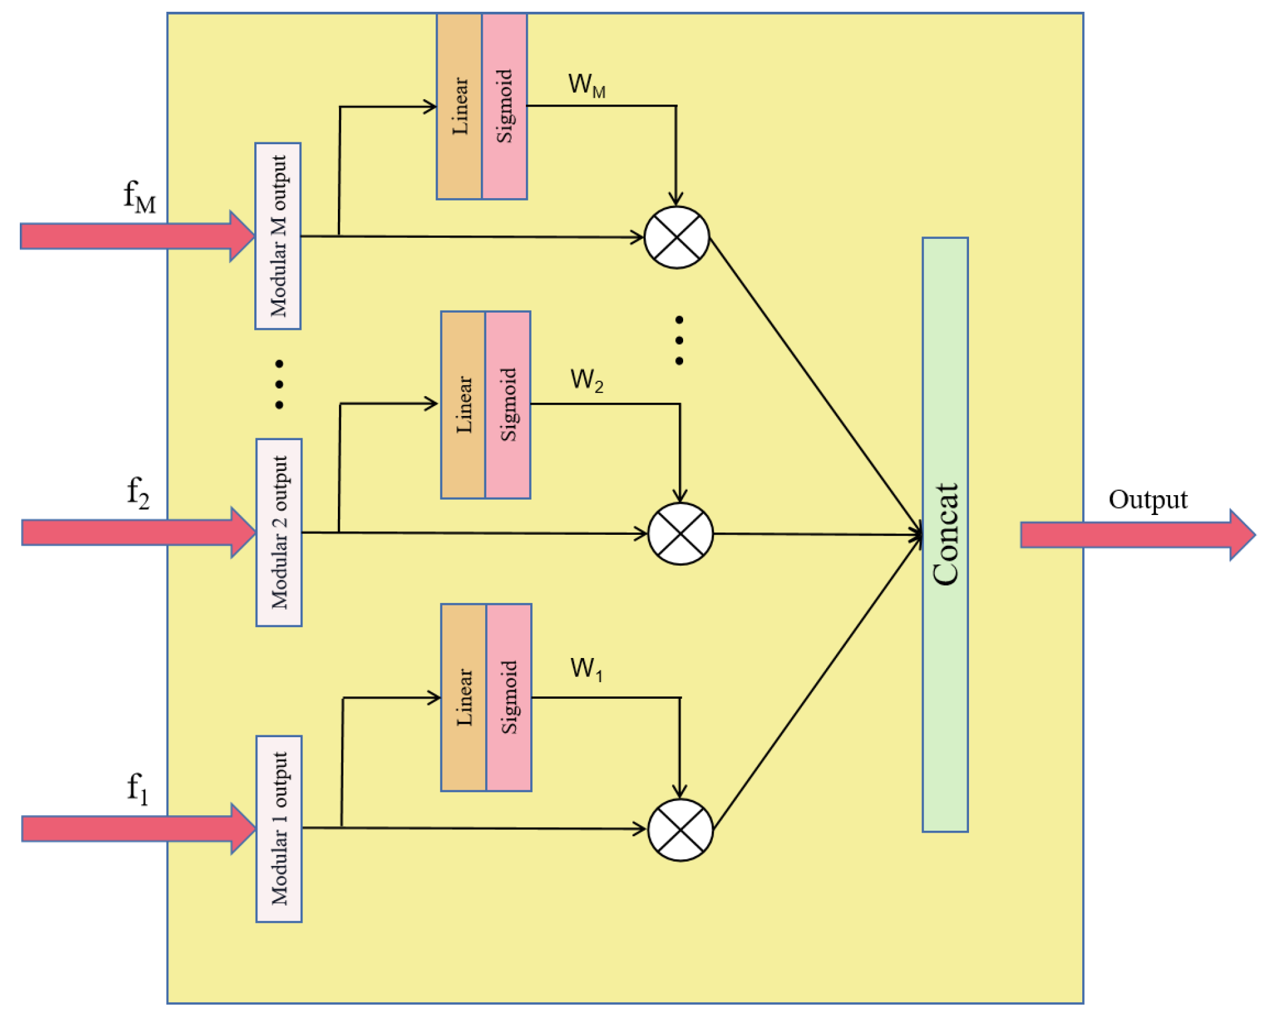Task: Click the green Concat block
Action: point(944,534)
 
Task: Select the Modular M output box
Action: point(278,236)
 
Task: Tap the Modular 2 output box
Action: point(278,532)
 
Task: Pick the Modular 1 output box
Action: point(278,828)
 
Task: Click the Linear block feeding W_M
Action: point(459,106)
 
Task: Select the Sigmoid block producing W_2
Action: point(507,405)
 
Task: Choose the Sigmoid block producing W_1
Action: point(509,697)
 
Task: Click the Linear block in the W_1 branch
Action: point(463,697)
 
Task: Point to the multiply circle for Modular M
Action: point(676,237)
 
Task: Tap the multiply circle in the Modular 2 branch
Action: point(680,534)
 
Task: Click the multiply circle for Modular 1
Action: point(680,829)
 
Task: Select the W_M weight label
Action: point(586,85)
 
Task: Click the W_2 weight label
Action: point(586,379)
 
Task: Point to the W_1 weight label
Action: point(586,669)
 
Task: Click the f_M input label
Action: point(140,197)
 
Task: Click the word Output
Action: point(1147,500)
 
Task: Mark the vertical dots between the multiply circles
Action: point(679,340)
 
